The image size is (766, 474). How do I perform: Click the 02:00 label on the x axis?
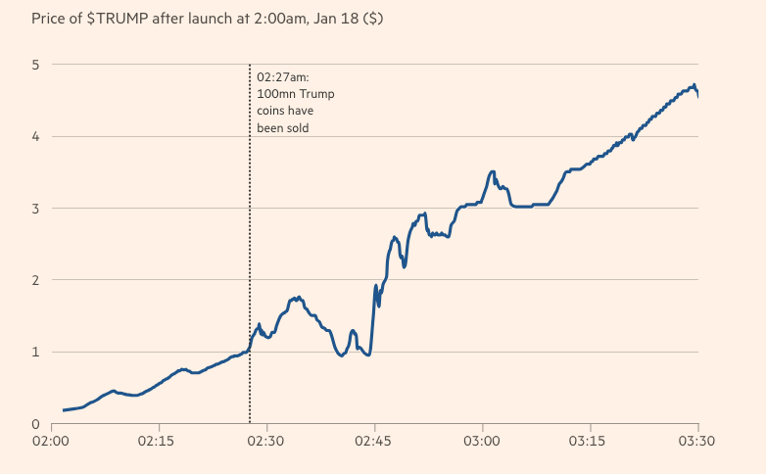click(x=50, y=443)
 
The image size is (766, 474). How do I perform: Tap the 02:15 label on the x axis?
click(x=158, y=443)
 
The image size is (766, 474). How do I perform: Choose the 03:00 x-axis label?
click(x=482, y=443)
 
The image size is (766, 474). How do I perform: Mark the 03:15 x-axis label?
click(x=590, y=443)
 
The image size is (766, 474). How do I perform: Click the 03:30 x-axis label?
click(x=697, y=443)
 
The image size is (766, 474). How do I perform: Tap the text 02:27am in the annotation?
click(x=282, y=76)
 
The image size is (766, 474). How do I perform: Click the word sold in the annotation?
click(x=308, y=127)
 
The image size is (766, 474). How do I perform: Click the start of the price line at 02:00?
click(x=64, y=410)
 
